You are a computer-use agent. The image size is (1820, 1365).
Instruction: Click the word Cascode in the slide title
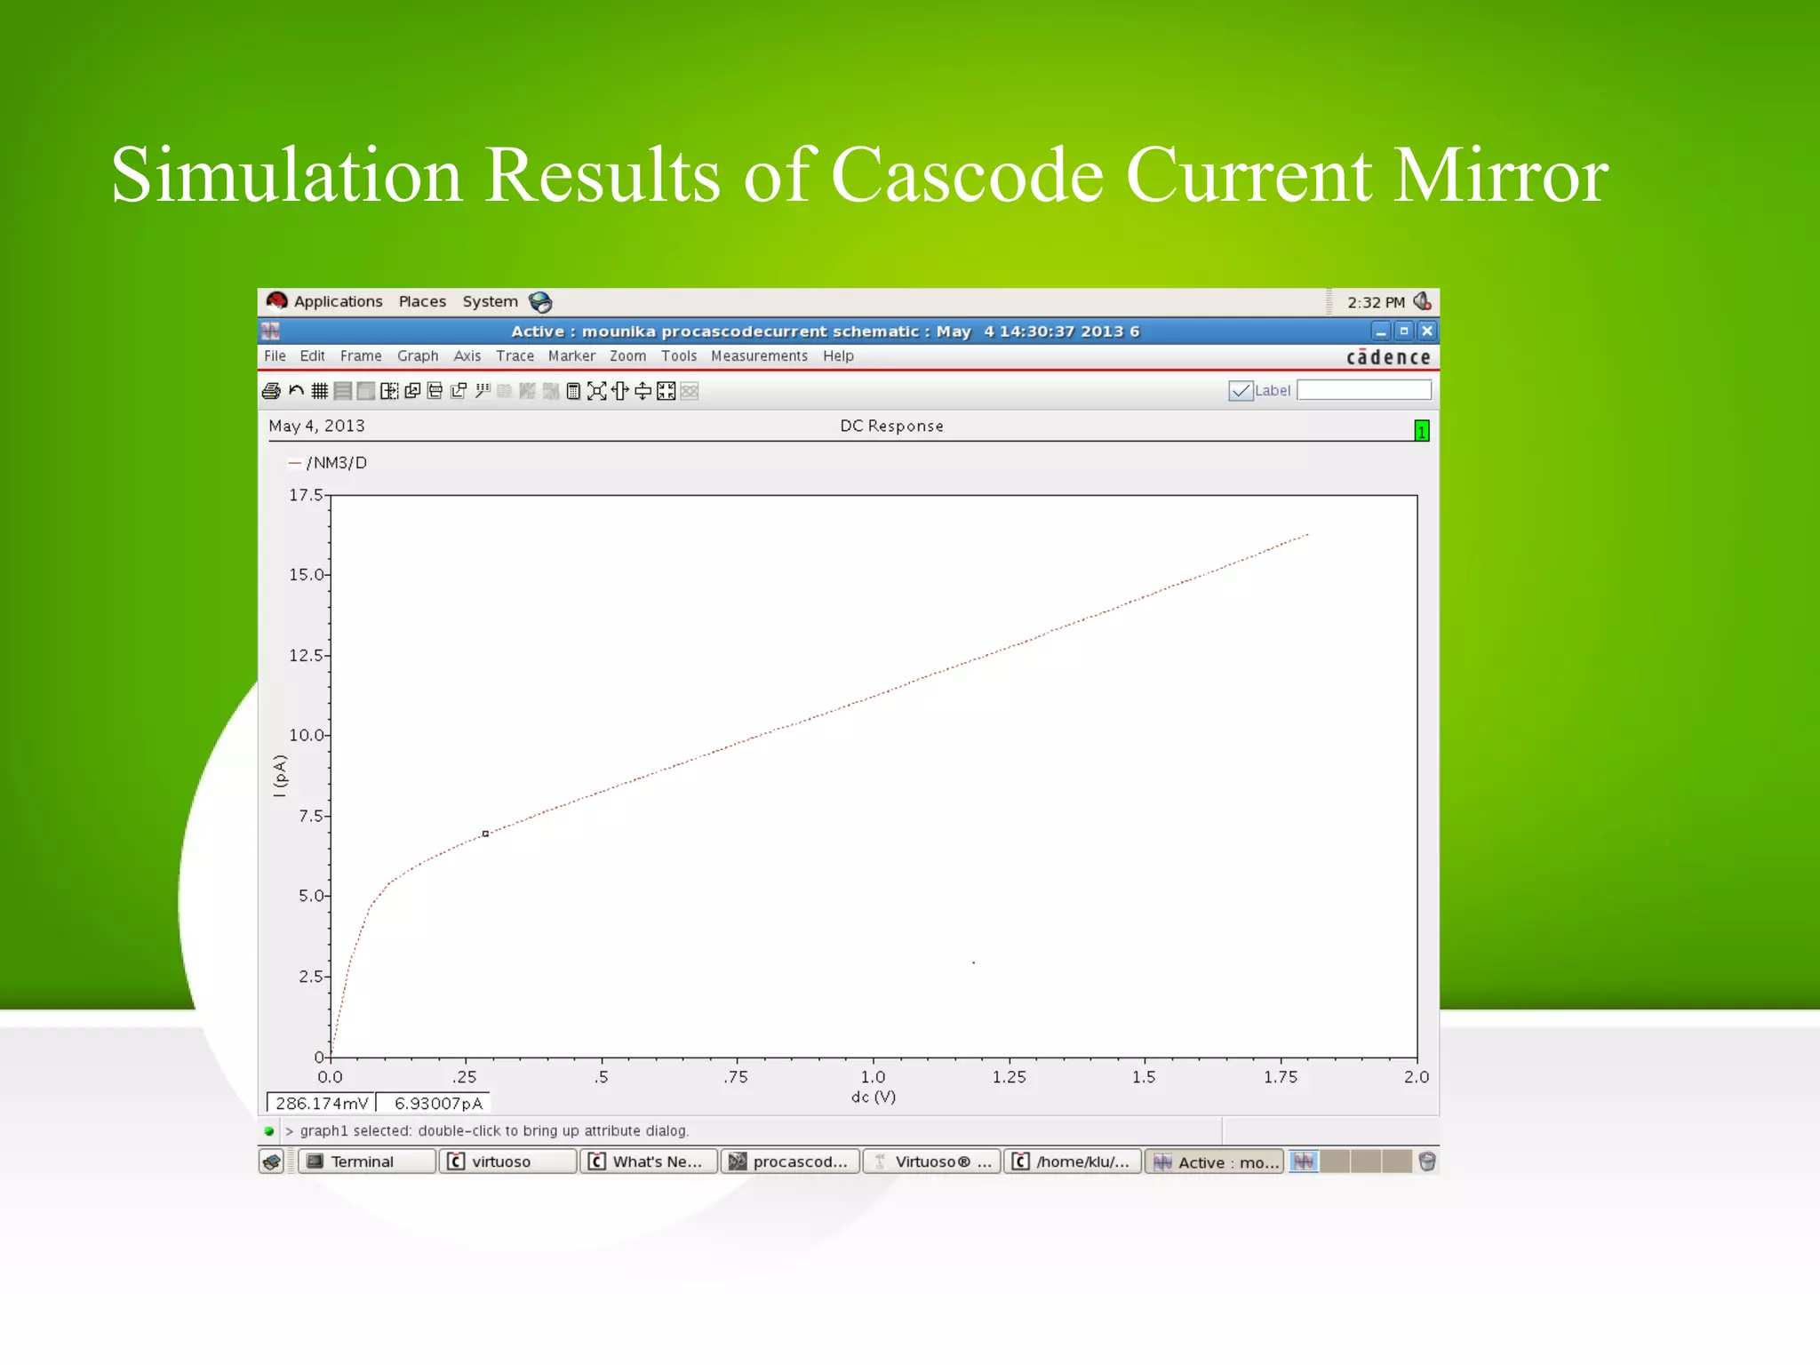967,175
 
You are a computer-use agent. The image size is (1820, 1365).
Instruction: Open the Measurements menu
759,356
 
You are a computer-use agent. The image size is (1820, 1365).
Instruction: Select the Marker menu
571,356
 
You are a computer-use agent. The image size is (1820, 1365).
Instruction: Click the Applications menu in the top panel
338,301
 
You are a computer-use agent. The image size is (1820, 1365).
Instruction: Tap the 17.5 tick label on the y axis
306,495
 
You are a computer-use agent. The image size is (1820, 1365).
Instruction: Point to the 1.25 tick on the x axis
1009,1077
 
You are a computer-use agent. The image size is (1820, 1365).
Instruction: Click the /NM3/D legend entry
336,463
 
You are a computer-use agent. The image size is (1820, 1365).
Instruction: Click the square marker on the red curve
485,834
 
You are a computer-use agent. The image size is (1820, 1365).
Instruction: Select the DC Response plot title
891,427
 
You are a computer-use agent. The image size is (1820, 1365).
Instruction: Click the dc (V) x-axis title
873,1098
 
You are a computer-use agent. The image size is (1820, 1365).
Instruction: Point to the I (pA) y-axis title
280,776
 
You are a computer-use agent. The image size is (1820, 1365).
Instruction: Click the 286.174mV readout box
321,1104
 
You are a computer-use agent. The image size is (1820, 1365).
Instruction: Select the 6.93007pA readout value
438,1104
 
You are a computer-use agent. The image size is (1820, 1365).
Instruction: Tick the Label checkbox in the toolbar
1240,391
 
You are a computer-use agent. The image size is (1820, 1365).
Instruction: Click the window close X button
1427,331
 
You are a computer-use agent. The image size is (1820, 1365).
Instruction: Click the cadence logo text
1388,357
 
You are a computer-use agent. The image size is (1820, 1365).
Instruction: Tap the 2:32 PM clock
1376,302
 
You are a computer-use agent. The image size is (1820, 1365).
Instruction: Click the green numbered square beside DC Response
1422,431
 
